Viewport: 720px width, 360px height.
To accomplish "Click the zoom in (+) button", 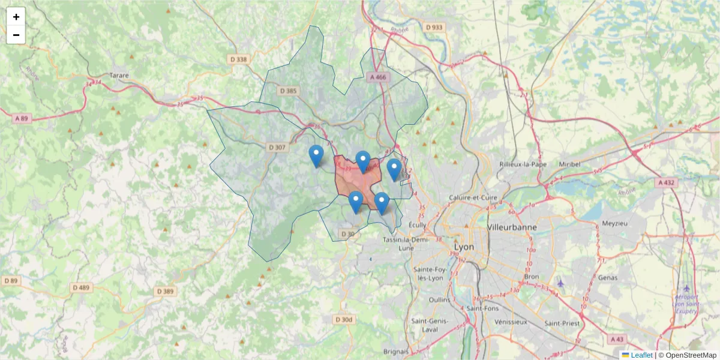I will tap(16, 17).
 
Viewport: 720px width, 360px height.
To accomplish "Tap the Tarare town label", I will tap(120, 76).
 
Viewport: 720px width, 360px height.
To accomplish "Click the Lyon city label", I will tap(464, 247).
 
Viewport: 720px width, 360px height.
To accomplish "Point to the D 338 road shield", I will tap(238, 59).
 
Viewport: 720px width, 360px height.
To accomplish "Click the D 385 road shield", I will tap(288, 91).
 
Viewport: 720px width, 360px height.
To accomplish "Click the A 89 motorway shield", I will tap(21, 118).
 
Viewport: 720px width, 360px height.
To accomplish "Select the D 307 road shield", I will tap(277, 147).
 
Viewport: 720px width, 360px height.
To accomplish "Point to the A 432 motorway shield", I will tap(667, 182).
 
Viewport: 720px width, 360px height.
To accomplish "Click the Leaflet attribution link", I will tap(641, 355).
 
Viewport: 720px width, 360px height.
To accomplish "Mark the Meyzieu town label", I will tap(614, 224).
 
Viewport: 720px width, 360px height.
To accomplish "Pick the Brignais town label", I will tap(396, 352).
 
